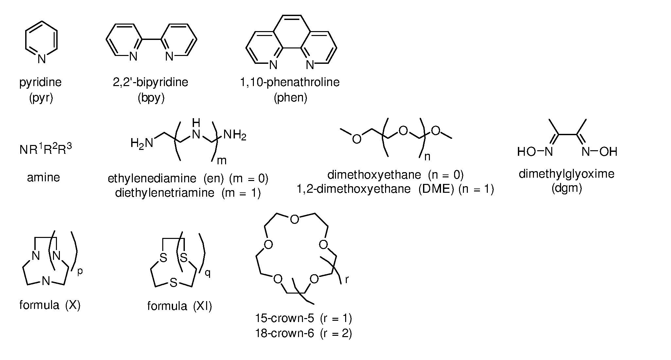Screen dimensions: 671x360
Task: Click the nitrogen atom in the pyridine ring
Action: click(x=41, y=59)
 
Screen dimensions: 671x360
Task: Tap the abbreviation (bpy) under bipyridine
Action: click(x=151, y=98)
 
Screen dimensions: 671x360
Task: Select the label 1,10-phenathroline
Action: click(x=290, y=82)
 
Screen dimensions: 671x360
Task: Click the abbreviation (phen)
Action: click(x=291, y=98)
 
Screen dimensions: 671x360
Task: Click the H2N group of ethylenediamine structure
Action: click(x=142, y=143)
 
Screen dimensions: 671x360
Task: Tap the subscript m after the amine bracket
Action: click(x=221, y=160)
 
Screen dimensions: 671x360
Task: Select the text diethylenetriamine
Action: click(x=165, y=193)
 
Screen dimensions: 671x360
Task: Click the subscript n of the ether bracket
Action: click(x=427, y=157)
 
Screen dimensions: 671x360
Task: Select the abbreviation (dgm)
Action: click(x=567, y=189)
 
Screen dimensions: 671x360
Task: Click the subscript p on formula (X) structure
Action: click(x=80, y=272)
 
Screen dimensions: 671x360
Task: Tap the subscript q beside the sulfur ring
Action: click(x=208, y=273)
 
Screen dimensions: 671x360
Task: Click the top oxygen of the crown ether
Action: click(x=294, y=220)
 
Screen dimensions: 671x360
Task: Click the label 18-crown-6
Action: click(x=285, y=333)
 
